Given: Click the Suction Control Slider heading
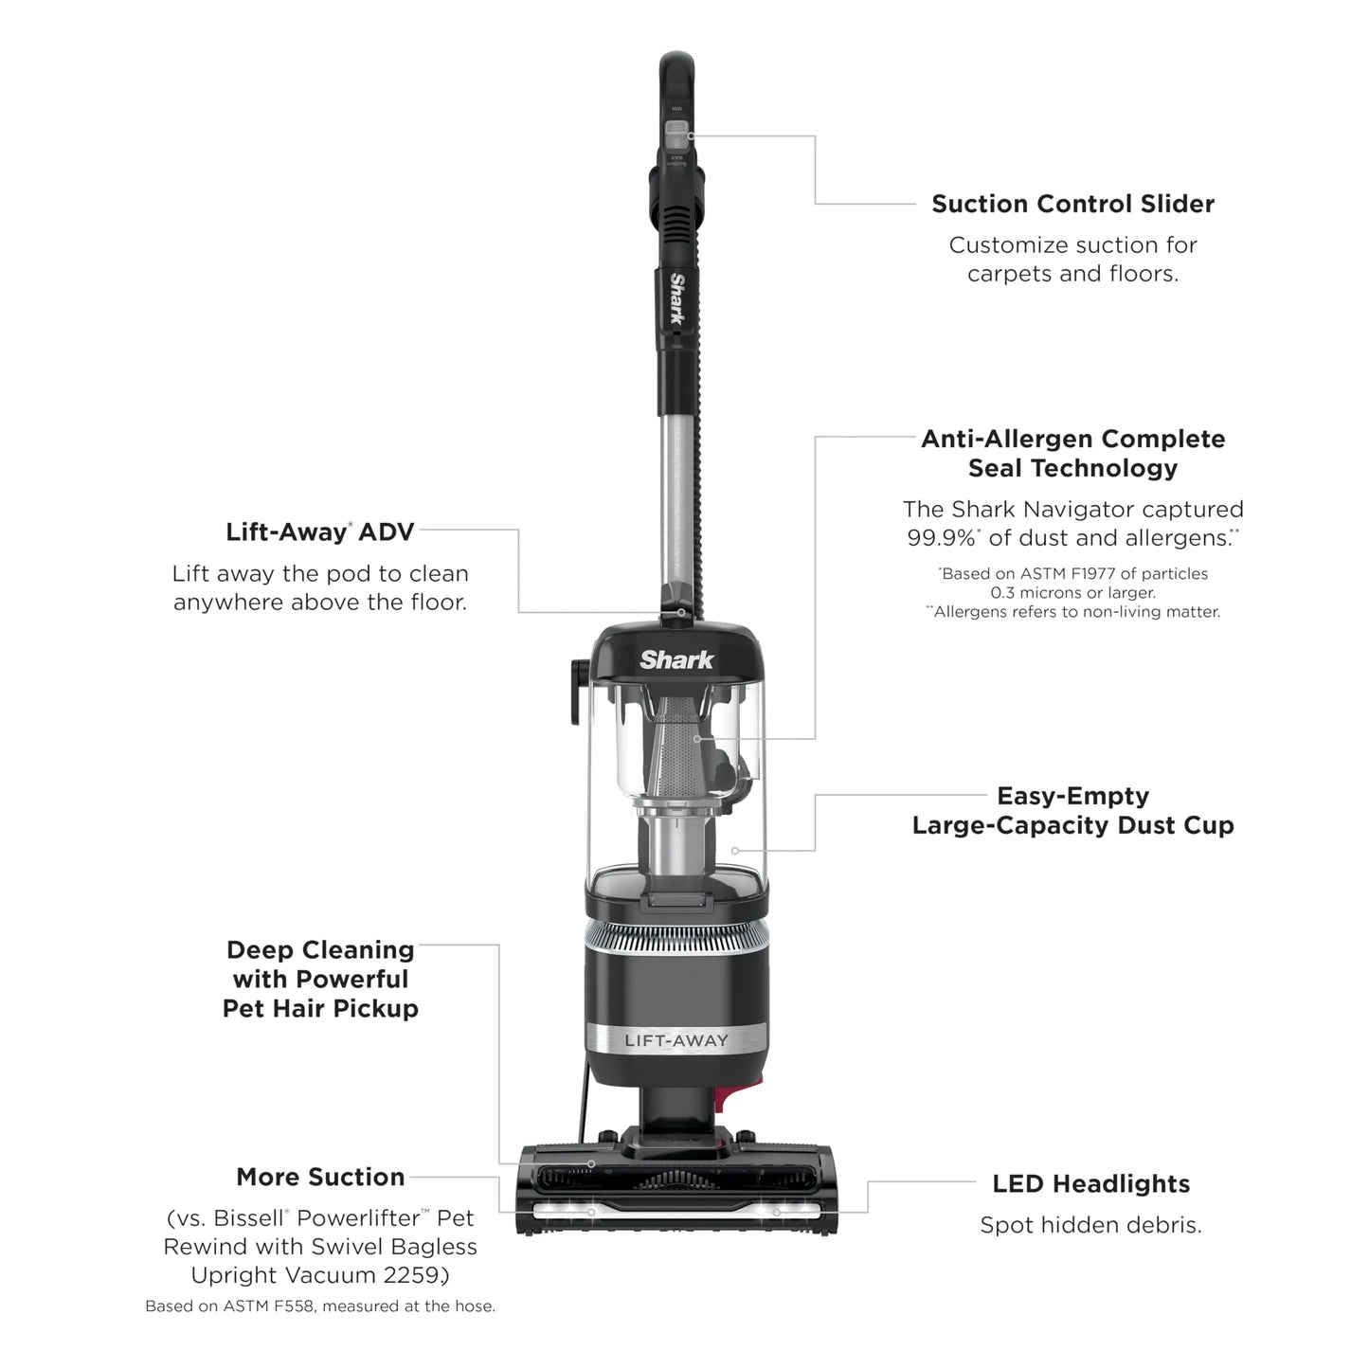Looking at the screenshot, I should tap(1072, 204).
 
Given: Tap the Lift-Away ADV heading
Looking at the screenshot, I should tap(320, 531).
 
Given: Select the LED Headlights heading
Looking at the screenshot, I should tap(1090, 1183).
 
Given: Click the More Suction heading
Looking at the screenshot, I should tap(320, 1177).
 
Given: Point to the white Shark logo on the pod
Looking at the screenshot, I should tap(676, 659).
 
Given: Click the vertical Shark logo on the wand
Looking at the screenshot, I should tap(677, 299).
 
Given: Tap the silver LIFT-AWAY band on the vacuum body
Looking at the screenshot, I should tap(676, 1040).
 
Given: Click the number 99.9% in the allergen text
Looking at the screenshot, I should tap(941, 538).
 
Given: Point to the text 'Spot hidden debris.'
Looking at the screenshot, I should tap(1090, 1225).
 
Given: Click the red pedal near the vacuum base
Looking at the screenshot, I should tap(721, 1097).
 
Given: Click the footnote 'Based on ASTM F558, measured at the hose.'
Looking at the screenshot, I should tap(320, 1306).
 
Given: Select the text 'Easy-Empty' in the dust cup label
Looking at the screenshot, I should tap(1072, 796).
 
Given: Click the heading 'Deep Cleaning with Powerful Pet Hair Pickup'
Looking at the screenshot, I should tap(320, 979).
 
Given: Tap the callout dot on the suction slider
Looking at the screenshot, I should tap(692, 136).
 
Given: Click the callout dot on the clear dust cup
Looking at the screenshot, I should tap(735, 851).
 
